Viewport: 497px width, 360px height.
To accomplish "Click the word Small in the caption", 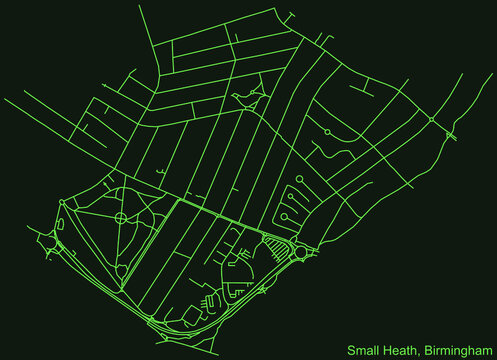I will tap(364, 350).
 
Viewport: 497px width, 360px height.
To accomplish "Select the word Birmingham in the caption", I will tap(457, 350).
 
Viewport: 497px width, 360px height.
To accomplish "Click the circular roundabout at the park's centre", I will tap(121, 217).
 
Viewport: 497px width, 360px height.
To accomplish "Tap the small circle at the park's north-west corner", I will tap(62, 203).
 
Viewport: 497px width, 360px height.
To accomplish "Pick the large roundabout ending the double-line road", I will tap(301, 253).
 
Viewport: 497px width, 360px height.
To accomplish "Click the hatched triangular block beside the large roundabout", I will tap(273, 243).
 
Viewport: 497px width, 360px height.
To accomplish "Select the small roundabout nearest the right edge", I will tap(431, 120).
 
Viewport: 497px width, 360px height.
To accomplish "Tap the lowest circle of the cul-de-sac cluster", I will tap(284, 225).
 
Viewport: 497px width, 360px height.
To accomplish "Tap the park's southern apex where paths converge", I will tap(150, 319).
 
